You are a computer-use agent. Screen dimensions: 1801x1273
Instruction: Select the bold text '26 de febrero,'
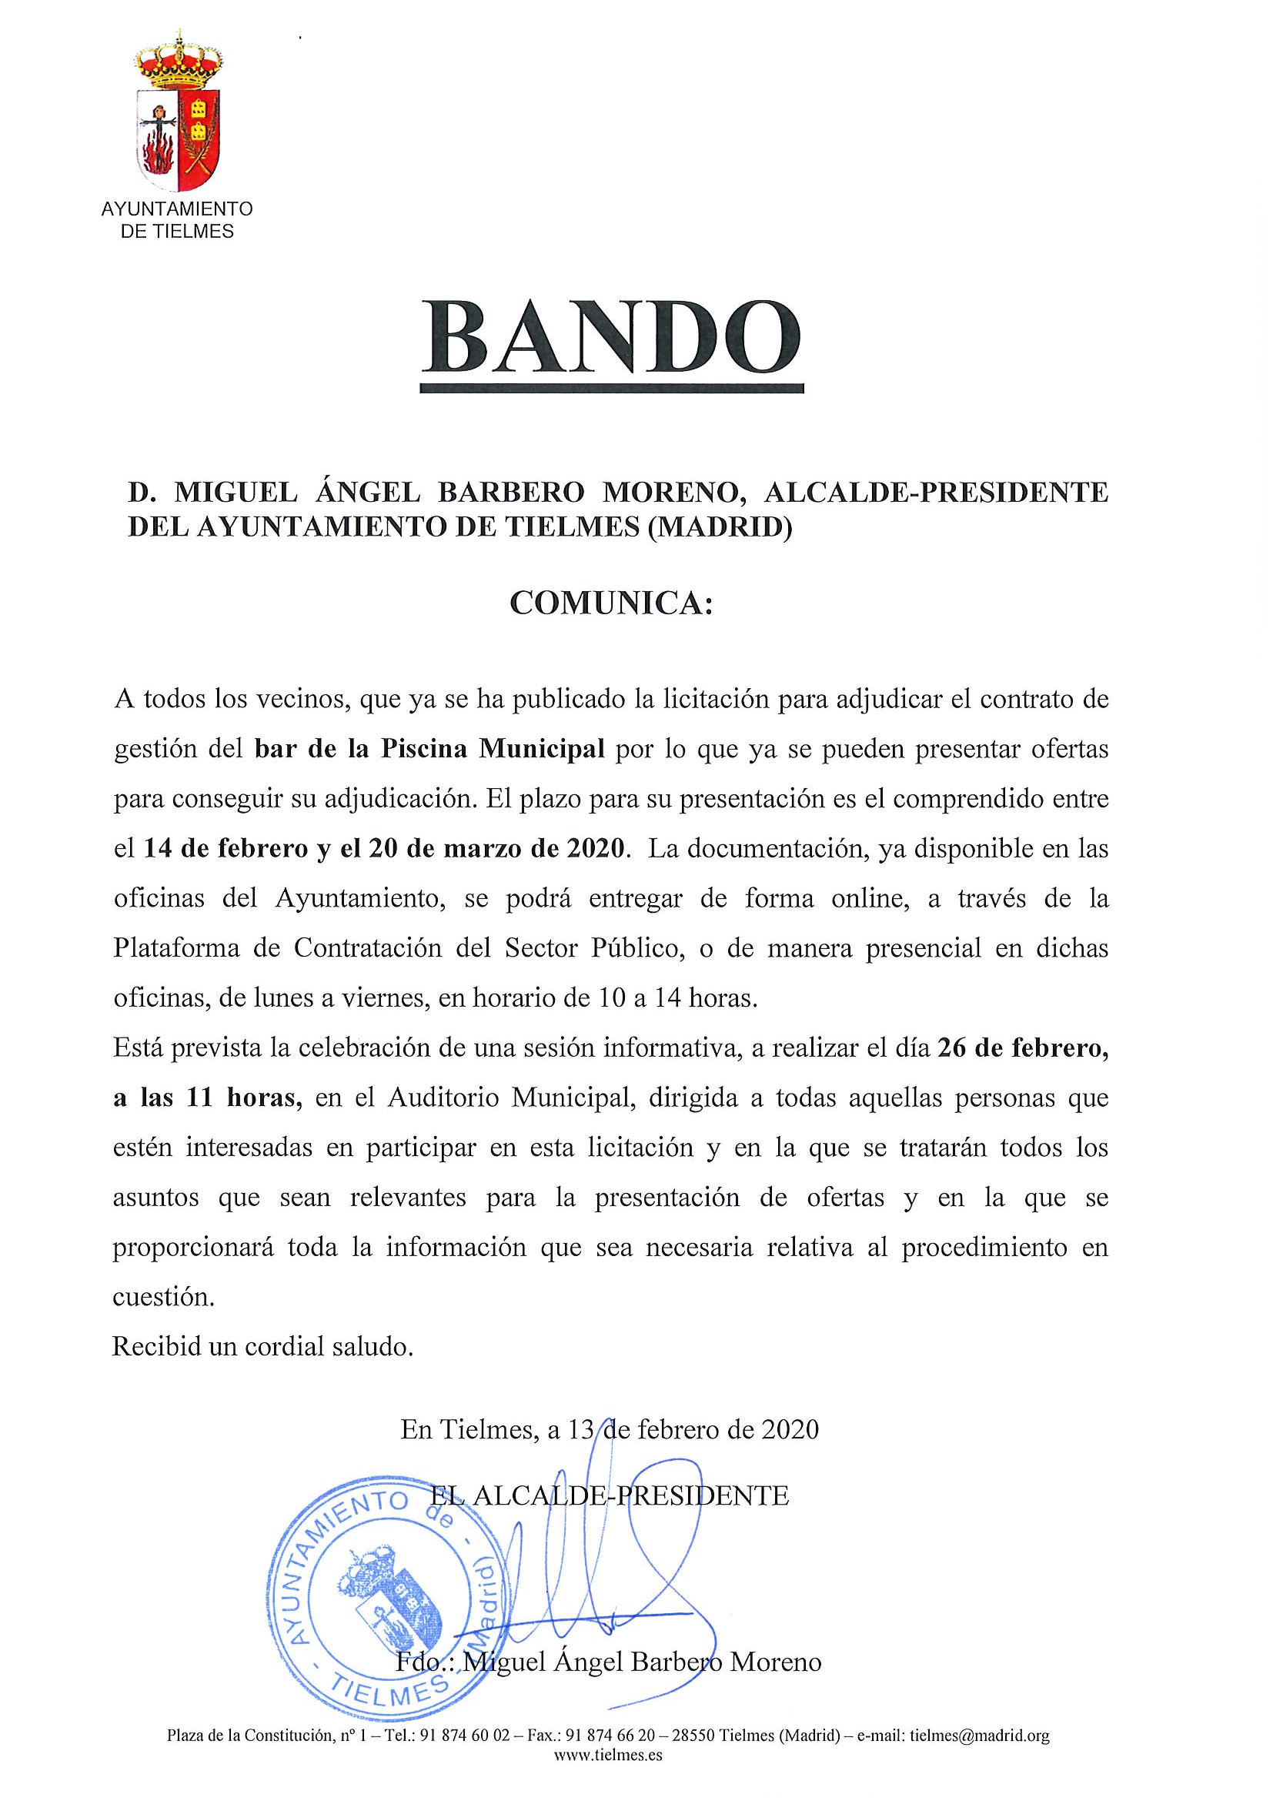[x=1022, y=1050]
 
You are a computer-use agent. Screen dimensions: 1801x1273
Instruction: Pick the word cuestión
[x=163, y=1298]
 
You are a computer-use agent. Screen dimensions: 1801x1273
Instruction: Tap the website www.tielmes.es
[x=608, y=1777]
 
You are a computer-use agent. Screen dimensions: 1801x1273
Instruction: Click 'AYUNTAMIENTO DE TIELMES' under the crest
[x=177, y=220]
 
